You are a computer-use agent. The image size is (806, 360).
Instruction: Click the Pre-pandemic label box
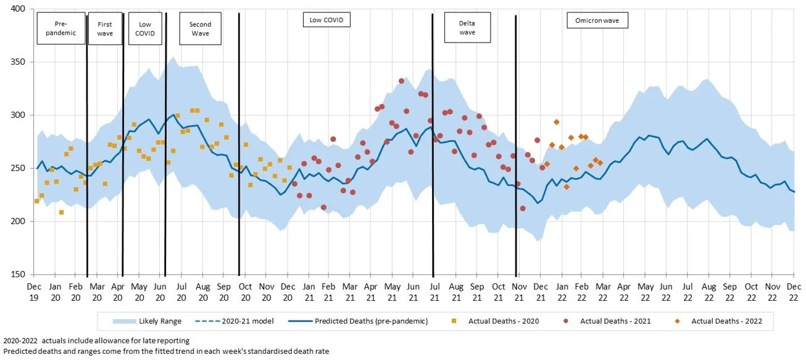coord(60,28)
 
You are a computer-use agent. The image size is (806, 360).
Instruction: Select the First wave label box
coord(105,28)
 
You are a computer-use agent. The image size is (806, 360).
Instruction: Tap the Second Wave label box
coord(200,28)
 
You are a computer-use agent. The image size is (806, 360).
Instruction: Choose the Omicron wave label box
coord(597,21)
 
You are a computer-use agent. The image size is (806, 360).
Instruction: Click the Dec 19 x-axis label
coord(34,291)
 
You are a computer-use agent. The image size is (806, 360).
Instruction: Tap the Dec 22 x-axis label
coord(794,291)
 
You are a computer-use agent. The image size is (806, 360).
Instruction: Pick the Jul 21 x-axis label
coord(434,291)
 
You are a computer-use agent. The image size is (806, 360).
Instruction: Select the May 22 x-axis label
coord(646,291)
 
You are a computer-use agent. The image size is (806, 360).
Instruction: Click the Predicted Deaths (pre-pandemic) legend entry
coord(371,321)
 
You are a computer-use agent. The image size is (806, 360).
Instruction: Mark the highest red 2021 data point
coord(401,81)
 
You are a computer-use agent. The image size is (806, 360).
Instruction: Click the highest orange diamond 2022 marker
coord(556,122)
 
